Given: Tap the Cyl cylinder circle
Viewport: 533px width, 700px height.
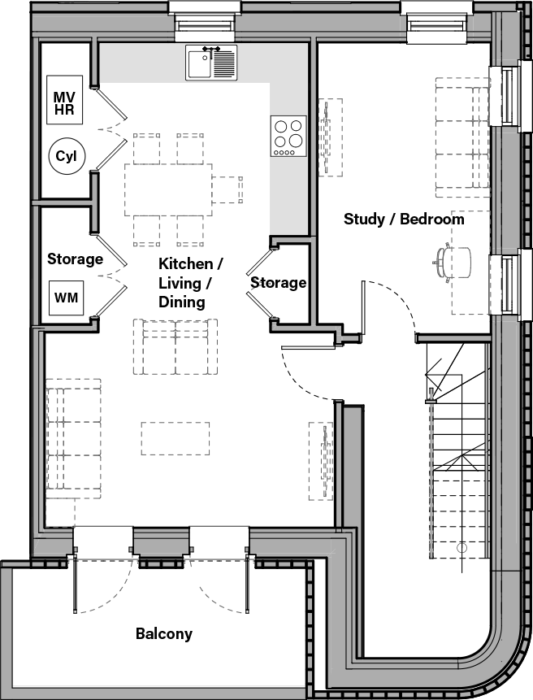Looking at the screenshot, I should (65, 157).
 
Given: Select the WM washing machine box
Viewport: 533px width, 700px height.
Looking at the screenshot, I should (66, 298).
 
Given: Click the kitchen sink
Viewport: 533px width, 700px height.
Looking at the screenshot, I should (211, 63).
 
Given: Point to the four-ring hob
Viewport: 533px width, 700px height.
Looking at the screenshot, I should (288, 136).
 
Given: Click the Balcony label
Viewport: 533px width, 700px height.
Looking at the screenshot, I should (164, 633).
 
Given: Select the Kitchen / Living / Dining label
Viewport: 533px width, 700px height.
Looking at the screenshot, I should (190, 282).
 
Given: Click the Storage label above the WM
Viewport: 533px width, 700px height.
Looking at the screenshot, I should (75, 259).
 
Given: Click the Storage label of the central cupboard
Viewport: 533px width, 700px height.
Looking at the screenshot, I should (278, 282).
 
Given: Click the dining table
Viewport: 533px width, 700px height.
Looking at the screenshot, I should (168, 189).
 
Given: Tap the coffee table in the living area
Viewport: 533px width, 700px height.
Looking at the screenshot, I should (175, 437).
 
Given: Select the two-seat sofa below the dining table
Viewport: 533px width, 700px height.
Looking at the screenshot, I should (175, 346).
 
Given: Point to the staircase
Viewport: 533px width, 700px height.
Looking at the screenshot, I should (457, 455).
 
